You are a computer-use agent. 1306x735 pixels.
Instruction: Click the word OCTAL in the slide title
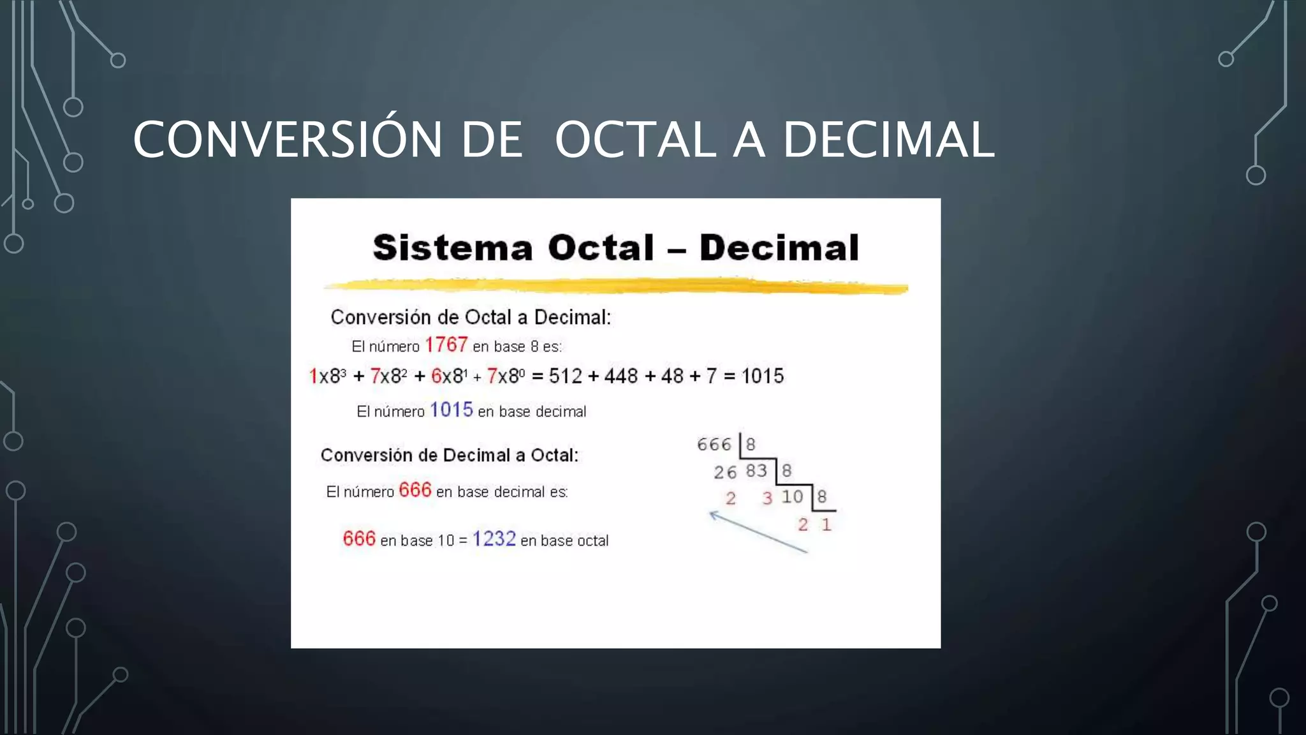point(635,140)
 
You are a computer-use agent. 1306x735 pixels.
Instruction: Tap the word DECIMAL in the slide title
point(888,140)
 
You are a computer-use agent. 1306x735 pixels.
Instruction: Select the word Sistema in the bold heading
point(453,248)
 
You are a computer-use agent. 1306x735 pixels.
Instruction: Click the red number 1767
point(446,345)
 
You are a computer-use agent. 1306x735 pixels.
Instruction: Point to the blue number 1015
point(451,410)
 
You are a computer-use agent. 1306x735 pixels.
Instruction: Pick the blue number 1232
point(494,539)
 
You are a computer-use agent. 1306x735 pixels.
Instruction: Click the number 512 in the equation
point(565,376)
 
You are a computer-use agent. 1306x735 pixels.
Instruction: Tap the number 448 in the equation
point(620,376)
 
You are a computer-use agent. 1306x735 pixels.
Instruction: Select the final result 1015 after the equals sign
point(762,376)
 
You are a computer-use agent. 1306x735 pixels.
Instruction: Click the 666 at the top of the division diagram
point(714,444)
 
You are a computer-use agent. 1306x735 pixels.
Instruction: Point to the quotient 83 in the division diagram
point(756,471)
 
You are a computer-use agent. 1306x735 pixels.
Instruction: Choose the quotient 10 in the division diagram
point(792,496)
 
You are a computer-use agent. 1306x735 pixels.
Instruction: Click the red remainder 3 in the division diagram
point(767,498)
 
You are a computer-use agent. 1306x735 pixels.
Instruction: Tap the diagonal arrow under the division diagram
point(758,531)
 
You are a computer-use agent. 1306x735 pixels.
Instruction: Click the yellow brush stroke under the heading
point(615,286)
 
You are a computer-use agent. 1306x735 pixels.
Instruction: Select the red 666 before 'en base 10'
point(359,539)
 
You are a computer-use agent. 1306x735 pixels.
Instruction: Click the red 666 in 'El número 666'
point(415,490)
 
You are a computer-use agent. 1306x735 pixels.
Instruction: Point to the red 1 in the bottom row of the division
point(826,524)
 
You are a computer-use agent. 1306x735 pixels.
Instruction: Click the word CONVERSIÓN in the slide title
point(288,140)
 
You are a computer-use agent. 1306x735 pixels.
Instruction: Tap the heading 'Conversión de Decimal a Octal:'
point(450,456)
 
